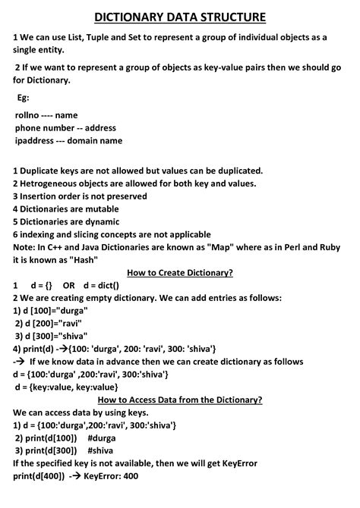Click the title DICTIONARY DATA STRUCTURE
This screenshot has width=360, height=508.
180,16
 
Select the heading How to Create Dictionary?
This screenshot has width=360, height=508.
180,272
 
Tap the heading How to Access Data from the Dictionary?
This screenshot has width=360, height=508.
180,400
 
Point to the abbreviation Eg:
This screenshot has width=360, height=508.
24,98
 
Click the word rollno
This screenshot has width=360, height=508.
28,115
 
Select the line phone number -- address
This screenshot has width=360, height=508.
65,128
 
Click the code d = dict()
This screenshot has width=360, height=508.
102,285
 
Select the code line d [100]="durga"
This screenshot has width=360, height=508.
51,311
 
